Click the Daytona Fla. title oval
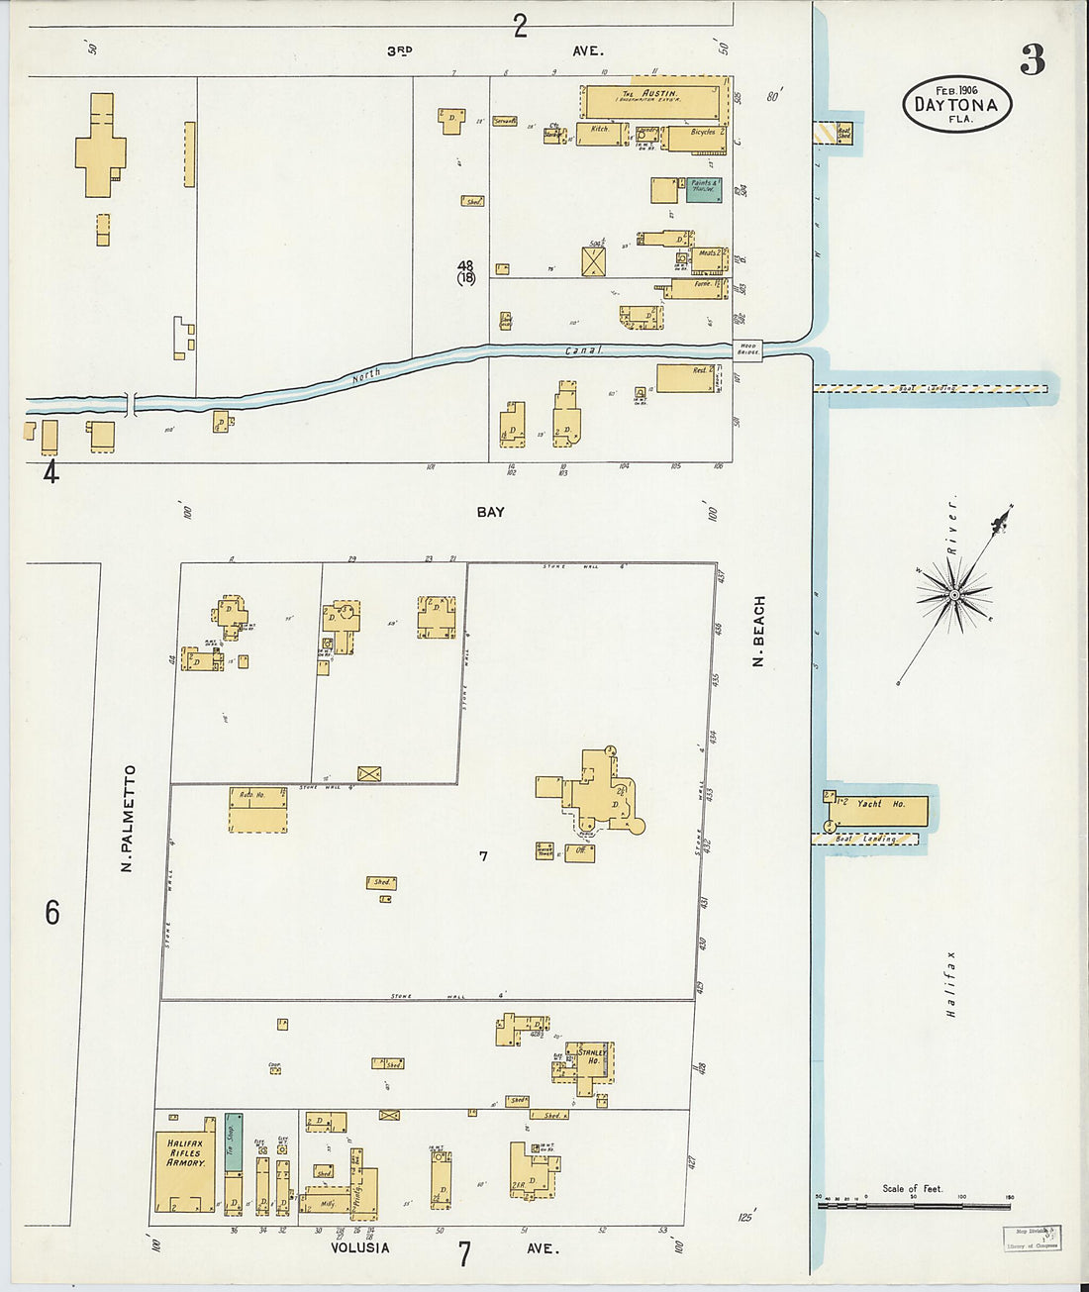(x=956, y=104)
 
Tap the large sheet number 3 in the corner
(x=1032, y=61)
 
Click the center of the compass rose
(x=954, y=594)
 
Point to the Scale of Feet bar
(x=913, y=1205)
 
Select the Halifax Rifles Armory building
(x=185, y=1163)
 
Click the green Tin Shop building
(x=233, y=1142)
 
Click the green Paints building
(x=704, y=190)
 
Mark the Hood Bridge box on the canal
(x=747, y=349)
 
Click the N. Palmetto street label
(x=128, y=818)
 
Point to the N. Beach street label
(x=759, y=631)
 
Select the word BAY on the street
(x=490, y=512)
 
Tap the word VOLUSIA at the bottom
(x=359, y=1247)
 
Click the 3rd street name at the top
(x=399, y=50)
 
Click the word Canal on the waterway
(x=583, y=350)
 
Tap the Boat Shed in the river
(x=842, y=131)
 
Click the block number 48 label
(x=465, y=265)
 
